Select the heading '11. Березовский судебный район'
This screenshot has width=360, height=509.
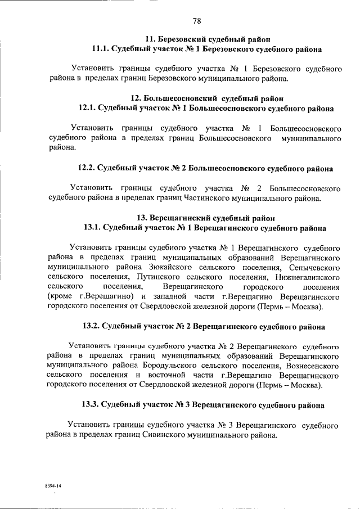tap(208, 39)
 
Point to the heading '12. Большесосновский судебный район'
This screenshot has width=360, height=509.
tap(207, 98)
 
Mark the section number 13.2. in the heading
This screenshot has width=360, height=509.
tap(93, 326)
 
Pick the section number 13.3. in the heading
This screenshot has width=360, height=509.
tap(93, 404)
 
